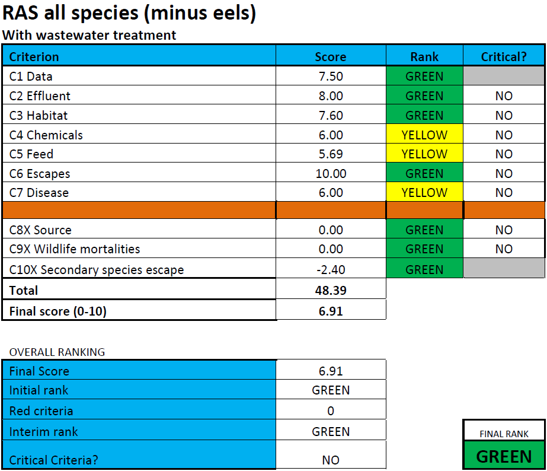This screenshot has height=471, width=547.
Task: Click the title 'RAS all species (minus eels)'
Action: [129, 13]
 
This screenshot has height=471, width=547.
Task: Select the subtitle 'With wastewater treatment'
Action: [89, 35]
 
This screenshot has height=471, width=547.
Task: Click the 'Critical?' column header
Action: [504, 57]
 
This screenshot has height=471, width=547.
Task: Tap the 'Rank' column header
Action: [424, 57]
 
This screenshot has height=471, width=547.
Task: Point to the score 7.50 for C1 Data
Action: [331, 77]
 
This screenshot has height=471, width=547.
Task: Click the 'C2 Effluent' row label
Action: [40, 96]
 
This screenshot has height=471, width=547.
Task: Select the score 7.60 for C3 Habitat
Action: [331, 116]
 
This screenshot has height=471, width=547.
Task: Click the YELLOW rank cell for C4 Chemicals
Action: [424, 135]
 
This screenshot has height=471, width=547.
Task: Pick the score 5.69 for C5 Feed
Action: [331, 154]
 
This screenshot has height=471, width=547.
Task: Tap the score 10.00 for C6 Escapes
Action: [331, 174]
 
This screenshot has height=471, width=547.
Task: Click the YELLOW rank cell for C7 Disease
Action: [424, 193]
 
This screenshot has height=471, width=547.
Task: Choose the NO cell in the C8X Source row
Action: [504, 230]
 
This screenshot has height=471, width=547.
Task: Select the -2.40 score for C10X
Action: [331, 270]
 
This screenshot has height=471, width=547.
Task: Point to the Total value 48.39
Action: [331, 291]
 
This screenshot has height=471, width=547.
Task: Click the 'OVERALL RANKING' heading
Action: [57, 352]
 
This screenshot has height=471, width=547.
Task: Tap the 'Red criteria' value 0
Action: [331, 411]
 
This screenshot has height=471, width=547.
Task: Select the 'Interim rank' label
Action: [43, 432]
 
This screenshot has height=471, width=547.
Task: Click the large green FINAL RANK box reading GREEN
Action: [504, 456]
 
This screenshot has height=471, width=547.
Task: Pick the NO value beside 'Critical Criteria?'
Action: [331, 460]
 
